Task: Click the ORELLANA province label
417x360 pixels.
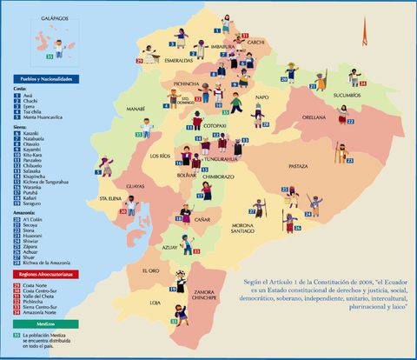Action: (x=314, y=117)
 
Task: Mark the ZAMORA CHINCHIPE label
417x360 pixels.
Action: (x=206, y=295)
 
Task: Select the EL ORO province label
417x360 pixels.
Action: (x=149, y=272)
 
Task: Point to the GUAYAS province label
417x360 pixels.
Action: (x=135, y=186)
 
